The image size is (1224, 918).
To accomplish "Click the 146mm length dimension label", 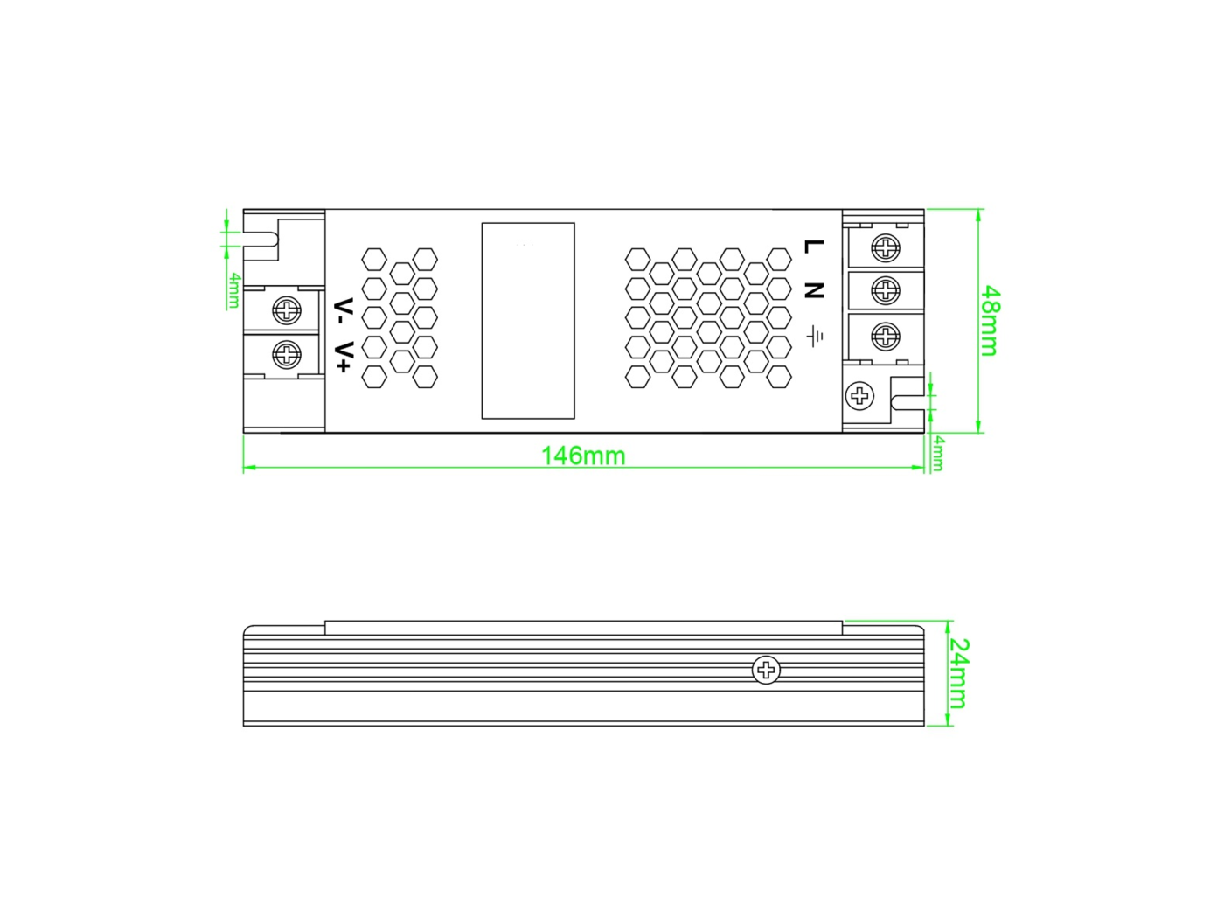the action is [583, 456].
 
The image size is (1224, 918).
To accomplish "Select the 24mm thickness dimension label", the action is [958, 673].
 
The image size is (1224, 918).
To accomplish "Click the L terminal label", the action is [814, 246].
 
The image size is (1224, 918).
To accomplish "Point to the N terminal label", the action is [814, 290].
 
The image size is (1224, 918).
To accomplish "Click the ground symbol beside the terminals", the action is [815, 336].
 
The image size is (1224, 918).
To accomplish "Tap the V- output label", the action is [344, 314].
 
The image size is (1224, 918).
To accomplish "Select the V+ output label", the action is [344, 357].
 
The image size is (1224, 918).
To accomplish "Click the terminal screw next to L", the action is [886, 247].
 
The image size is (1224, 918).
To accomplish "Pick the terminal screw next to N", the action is [886, 290].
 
